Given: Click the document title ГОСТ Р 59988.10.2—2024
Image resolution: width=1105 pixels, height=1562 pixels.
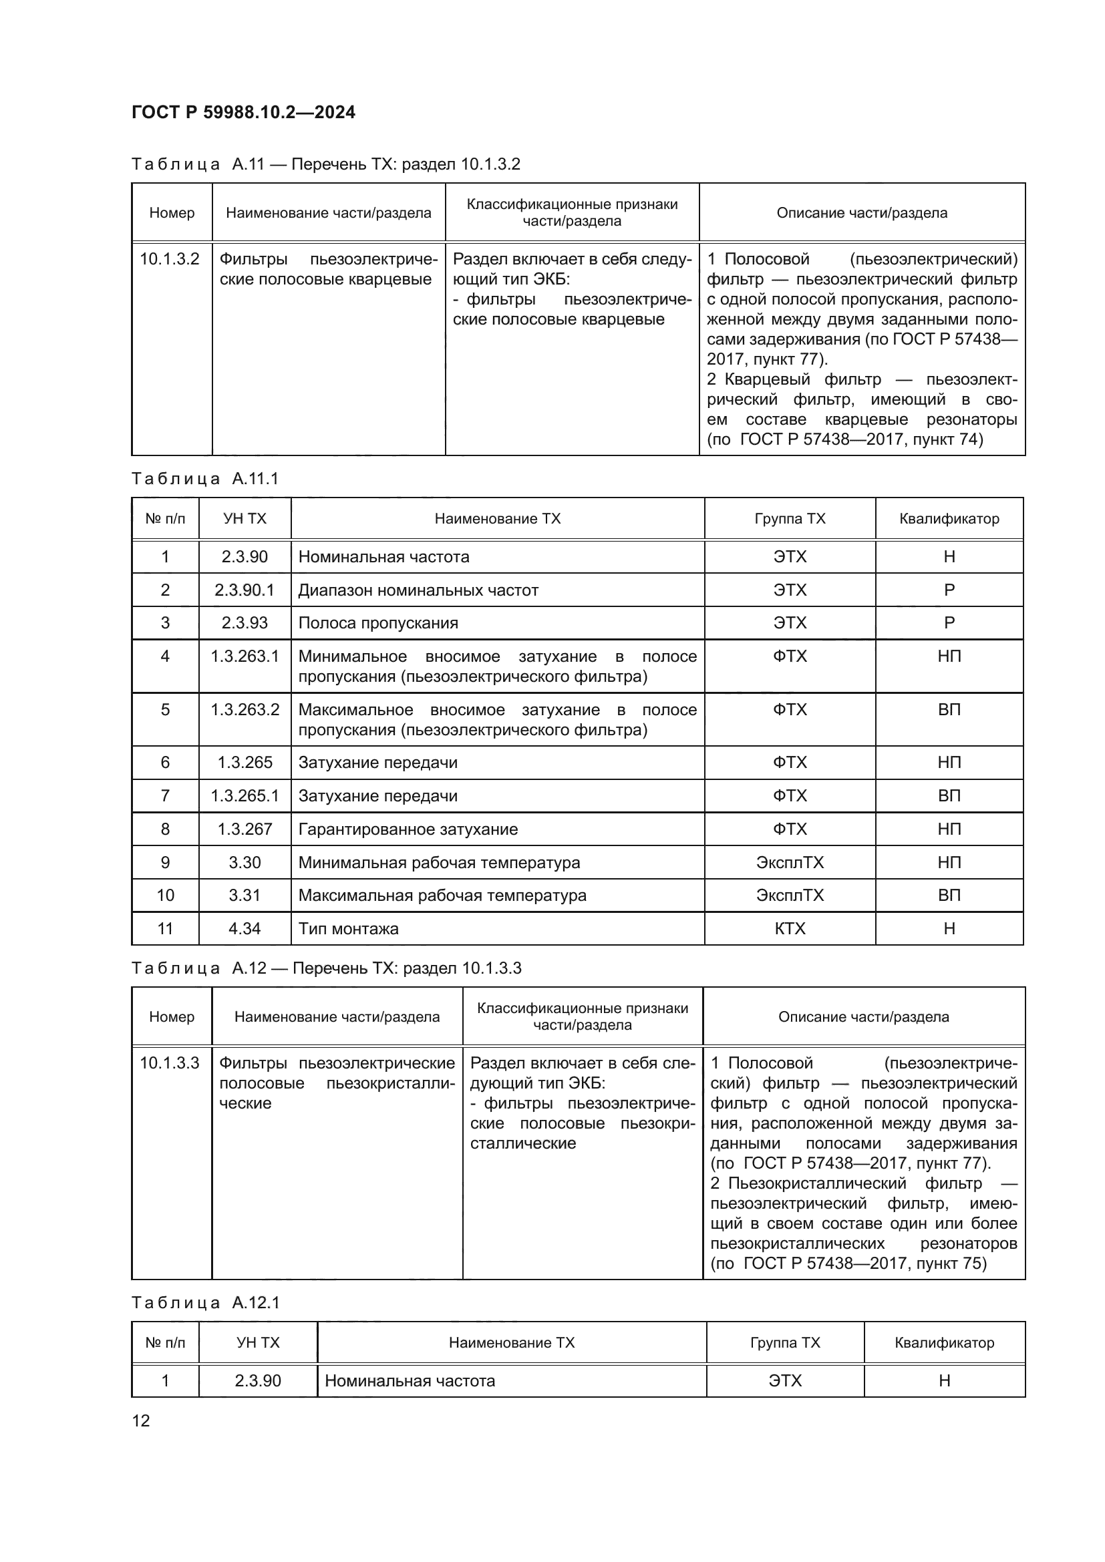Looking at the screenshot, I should [x=243, y=112].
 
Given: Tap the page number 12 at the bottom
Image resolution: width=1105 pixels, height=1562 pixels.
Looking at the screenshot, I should [x=141, y=1420].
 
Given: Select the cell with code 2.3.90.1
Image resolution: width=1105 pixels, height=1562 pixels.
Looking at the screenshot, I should [x=245, y=590].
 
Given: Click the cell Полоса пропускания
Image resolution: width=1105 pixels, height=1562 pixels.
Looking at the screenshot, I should [x=378, y=623].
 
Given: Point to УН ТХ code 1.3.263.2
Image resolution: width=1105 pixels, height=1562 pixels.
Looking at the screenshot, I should [x=245, y=710].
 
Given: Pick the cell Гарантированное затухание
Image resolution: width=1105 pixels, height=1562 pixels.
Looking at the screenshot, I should [x=408, y=829].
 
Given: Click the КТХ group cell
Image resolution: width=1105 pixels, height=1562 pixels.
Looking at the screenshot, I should [x=789, y=929].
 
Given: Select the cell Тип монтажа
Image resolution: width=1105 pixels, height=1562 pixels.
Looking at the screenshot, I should [x=348, y=929].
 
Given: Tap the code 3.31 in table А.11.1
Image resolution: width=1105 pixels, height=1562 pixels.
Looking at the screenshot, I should [x=245, y=896].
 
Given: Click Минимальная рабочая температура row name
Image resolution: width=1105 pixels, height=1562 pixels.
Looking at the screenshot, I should [x=439, y=863].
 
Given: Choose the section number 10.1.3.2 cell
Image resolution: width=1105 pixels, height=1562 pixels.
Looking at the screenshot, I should [x=170, y=259].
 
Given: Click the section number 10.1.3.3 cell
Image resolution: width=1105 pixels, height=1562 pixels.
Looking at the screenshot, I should [x=170, y=1063].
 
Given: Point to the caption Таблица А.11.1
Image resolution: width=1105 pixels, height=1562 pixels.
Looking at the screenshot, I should [x=205, y=479].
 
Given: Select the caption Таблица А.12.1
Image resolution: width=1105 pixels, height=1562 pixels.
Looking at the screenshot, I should [x=205, y=1303].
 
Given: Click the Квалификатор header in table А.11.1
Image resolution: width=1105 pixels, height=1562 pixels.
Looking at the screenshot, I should [x=949, y=519].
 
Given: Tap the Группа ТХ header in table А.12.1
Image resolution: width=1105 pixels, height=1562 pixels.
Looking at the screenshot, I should [x=785, y=1343].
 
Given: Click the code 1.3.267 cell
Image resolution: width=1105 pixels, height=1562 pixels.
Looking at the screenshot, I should [x=245, y=829].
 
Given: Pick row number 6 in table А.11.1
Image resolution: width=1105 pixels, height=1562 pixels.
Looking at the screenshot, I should [x=165, y=763].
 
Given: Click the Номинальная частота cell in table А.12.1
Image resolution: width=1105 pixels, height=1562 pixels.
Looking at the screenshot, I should [x=410, y=1381].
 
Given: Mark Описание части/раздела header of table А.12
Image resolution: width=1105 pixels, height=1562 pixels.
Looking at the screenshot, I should [x=863, y=1017].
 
